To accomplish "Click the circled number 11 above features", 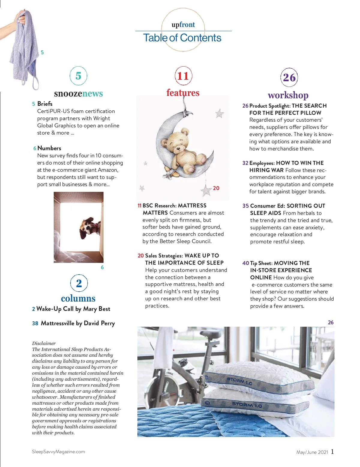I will (183, 76).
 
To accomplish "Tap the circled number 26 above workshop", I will (289, 77).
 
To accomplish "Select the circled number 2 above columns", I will (79, 283).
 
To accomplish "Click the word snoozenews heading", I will (78, 94).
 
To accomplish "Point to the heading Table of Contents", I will (182, 38).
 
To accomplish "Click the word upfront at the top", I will (183, 25).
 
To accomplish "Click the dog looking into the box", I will (87, 227).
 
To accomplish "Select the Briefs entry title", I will (45, 104).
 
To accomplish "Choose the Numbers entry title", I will (49, 148).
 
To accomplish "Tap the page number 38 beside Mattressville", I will (35, 323).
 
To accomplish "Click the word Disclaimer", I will (44, 343).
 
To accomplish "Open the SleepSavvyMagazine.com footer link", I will (58, 452).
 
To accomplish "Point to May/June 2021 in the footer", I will (312, 452).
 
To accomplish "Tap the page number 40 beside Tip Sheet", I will (246, 263).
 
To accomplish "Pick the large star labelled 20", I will (207, 190).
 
